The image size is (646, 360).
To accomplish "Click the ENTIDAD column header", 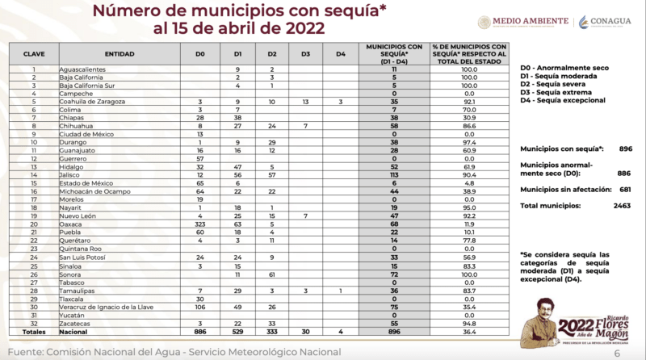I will pos(120,52).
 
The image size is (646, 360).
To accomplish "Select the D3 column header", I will pos(306,52).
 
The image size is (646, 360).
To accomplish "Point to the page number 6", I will pos(616,352).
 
